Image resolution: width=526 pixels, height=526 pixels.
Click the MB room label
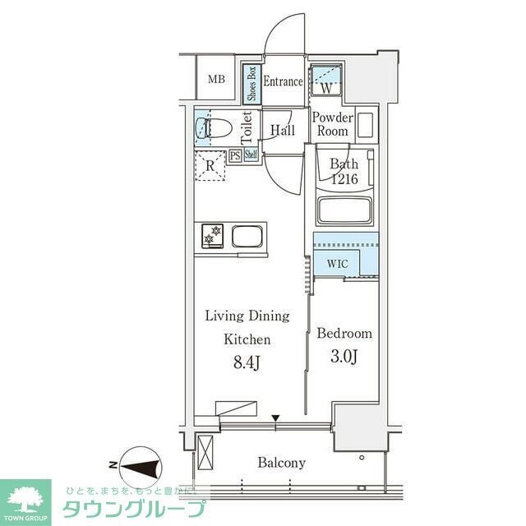(215, 80)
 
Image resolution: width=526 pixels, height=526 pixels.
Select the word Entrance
(283, 81)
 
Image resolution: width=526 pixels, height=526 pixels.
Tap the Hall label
(283, 130)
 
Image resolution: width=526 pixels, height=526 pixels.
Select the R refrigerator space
(210, 164)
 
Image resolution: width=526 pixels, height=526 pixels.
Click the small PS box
(235, 155)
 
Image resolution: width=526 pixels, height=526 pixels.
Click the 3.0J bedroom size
(344, 356)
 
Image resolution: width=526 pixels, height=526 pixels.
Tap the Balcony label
(281, 463)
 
